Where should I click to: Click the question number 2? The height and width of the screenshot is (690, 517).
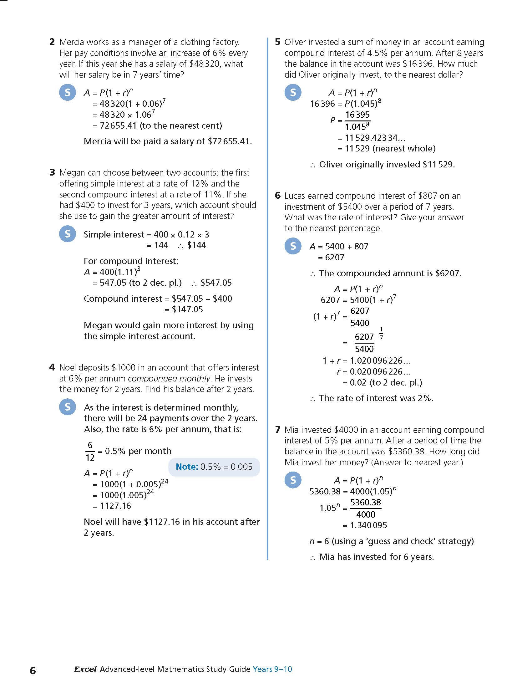52,42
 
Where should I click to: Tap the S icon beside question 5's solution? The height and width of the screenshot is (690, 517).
293,92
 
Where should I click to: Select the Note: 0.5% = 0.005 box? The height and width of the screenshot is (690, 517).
214,467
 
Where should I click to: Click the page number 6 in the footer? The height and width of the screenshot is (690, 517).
33,670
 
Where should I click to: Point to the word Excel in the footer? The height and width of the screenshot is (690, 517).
85,669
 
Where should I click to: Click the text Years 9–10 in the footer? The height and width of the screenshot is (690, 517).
272,669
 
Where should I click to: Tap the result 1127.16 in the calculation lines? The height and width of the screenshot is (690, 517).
115,506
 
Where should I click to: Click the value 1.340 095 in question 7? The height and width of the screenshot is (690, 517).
368,525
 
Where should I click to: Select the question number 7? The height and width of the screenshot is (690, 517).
278,430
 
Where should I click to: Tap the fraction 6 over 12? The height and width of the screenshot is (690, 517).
90,451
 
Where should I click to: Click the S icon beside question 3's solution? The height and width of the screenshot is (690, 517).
68,234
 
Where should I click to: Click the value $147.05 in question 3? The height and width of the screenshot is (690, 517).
187,309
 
